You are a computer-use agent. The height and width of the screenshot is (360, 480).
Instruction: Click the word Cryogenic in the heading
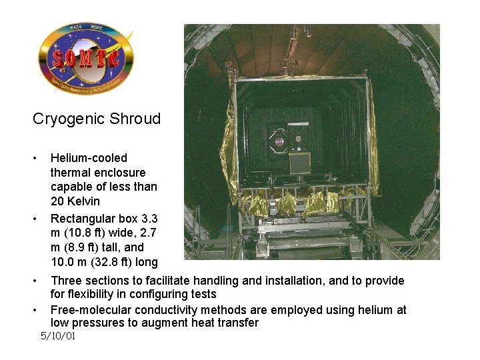[x=63, y=119]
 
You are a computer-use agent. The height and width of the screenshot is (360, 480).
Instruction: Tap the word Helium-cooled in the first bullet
[x=89, y=158]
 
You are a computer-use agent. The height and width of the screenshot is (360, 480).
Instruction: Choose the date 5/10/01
[x=58, y=336]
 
